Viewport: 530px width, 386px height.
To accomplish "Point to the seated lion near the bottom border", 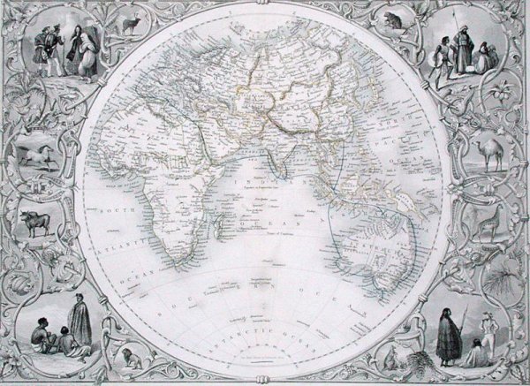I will pos(130,358).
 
